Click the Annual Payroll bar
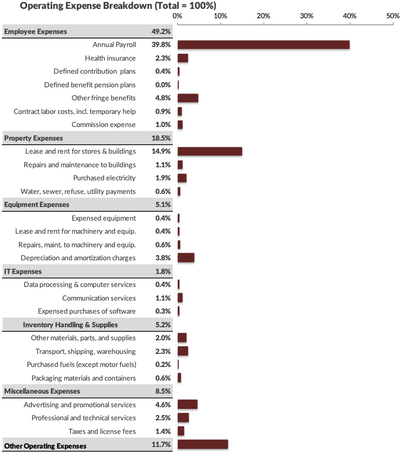click(264, 45)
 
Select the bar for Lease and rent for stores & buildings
click(210, 152)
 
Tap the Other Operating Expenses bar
click(203, 444)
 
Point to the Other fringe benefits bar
click(188, 98)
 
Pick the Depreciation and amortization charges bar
click(186, 258)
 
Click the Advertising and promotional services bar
click(188, 405)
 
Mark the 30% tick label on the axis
click(306, 16)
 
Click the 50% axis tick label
click(393, 16)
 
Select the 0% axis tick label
click(177, 16)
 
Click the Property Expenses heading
click(33, 138)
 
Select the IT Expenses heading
click(23, 271)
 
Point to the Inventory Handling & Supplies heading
click(70, 325)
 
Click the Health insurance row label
click(110, 58)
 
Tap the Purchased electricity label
click(104, 178)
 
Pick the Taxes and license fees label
click(102, 431)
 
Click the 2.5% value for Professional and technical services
click(163, 418)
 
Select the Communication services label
click(99, 298)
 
